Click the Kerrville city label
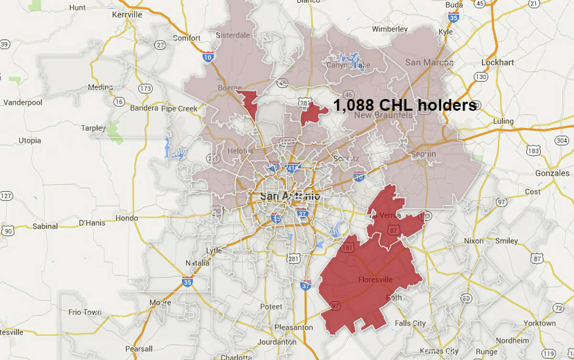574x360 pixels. [x=127, y=15]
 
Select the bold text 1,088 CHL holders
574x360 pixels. [x=405, y=105]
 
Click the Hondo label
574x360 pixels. [x=128, y=218]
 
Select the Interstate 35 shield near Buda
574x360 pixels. [x=453, y=18]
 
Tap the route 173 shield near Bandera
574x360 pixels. [x=144, y=88]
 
